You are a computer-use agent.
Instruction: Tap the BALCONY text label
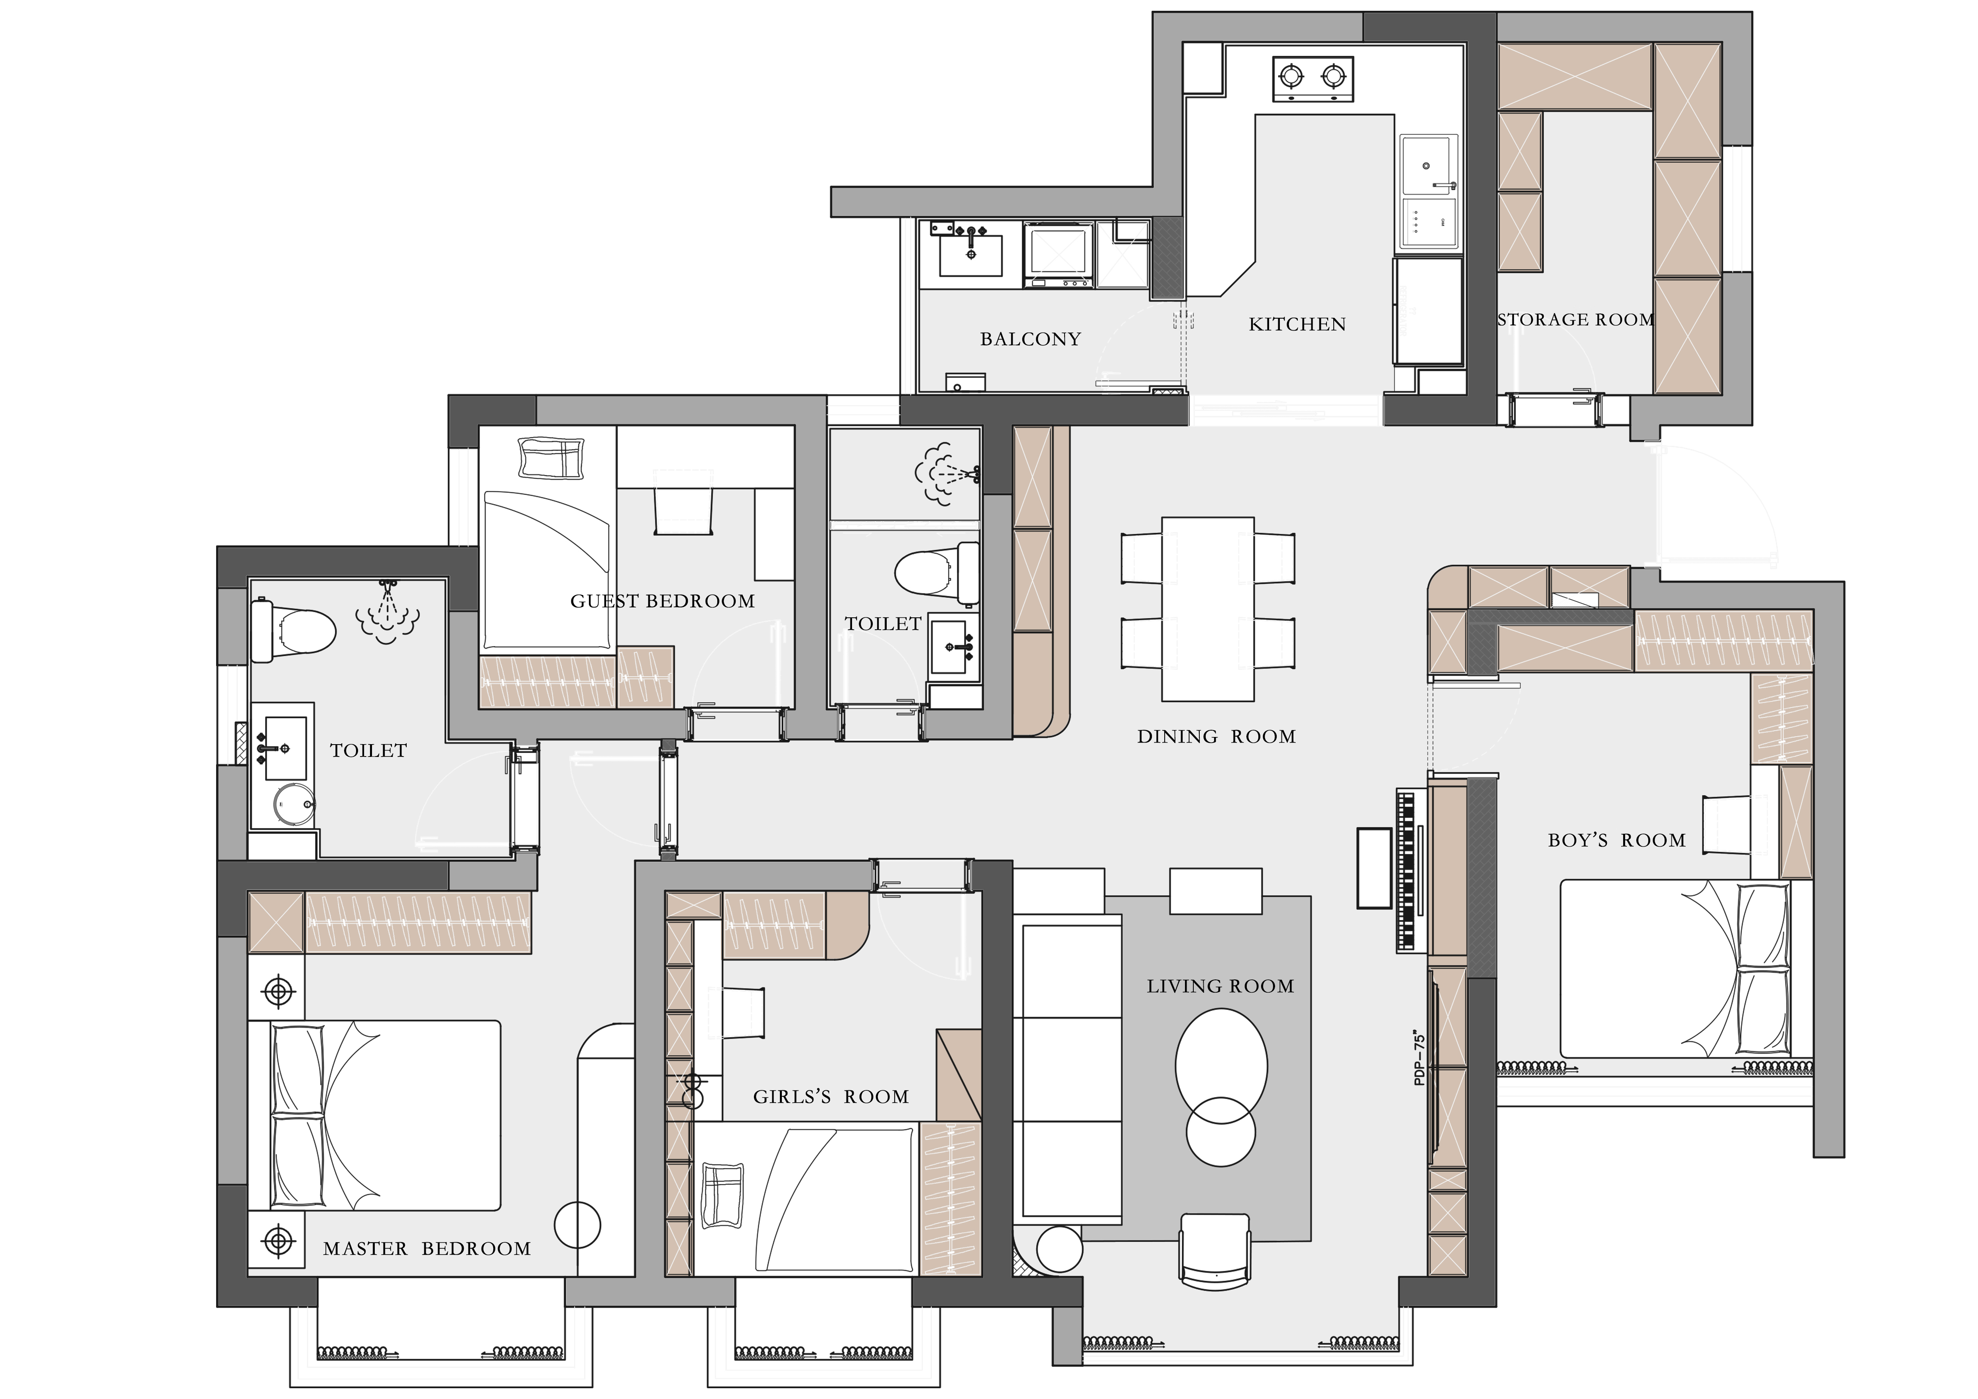(x=1030, y=339)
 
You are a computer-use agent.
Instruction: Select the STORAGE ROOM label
(x=1576, y=319)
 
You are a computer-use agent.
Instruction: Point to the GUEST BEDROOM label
(x=663, y=601)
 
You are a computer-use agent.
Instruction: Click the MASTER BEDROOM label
(x=427, y=1249)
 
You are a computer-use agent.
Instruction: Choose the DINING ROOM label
(x=1216, y=737)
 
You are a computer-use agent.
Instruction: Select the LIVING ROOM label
(x=1220, y=986)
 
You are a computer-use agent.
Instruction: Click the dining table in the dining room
(x=1208, y=609)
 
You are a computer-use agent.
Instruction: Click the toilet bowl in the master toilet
(x=293, y=631)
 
